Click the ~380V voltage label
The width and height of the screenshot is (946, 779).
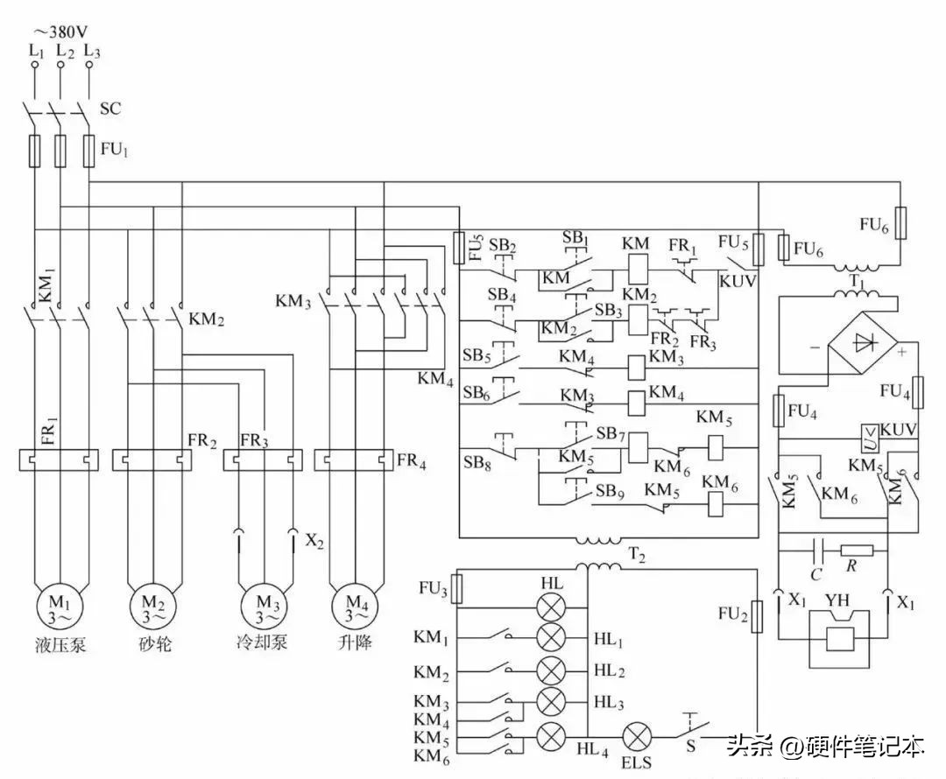point(60,32)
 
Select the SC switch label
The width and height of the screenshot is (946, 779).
point(110,109)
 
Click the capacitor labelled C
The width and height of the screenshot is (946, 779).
point(817,551)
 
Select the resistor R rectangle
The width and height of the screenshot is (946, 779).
point(856,551)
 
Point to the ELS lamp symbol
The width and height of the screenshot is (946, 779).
point(635,737)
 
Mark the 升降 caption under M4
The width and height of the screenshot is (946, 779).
point(355,643)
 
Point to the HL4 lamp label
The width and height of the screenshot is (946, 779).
point(593,749)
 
